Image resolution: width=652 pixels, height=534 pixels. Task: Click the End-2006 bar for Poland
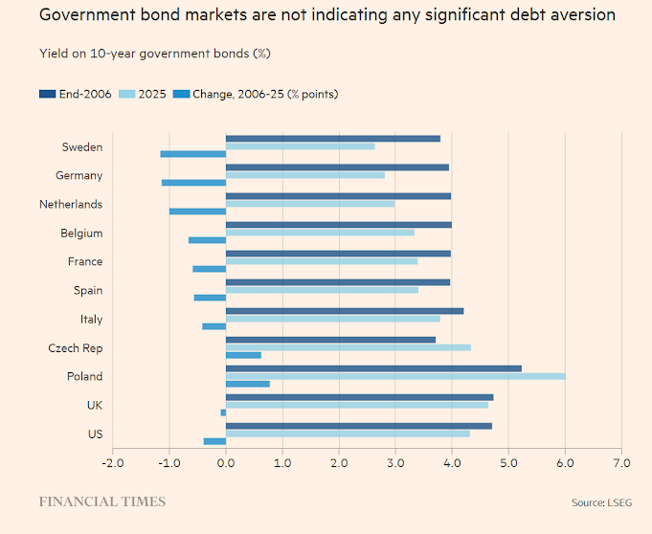click(x=373, y=367)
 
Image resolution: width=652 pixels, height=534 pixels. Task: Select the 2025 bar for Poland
click(x=395, y=376)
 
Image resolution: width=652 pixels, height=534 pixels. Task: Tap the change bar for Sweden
click(x=192, y=153)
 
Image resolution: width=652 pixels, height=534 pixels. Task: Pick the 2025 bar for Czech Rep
click(x=348, y=347)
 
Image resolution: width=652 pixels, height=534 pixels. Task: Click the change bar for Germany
click(x=193, y=182)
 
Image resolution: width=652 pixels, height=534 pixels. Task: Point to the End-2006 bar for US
click(x=359, y=425)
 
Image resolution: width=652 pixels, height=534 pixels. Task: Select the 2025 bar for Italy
click(x=333, y=319)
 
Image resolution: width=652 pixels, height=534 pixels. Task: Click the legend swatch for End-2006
click(x=48, y=94)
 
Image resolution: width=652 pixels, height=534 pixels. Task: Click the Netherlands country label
click(x=71, y=205)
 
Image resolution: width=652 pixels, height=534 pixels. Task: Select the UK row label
click(x=93, y=406)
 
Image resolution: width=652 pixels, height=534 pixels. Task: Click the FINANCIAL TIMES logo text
click(x=101, y=501)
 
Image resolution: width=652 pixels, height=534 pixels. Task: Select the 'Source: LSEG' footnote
click(x=602, y=502)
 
